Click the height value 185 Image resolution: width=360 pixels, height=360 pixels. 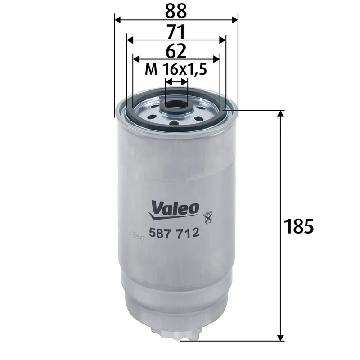click(x=298, y=226)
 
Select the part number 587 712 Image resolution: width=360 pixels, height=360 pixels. click(x=173, y=233)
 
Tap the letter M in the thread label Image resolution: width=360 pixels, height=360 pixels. click(x=152, y=69)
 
